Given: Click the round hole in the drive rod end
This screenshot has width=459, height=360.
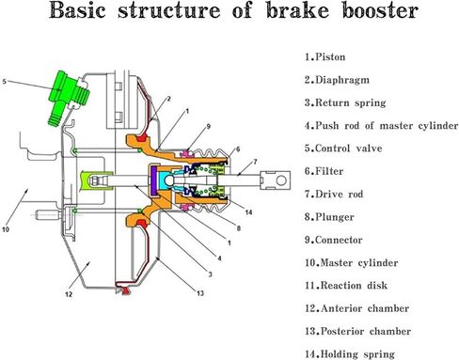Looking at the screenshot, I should (x=279, y=175).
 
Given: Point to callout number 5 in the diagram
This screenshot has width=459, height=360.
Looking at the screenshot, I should (x=6, y=82).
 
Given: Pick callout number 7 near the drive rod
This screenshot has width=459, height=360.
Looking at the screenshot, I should (x=252, y=161).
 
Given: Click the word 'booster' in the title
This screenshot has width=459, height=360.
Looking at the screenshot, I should (x=387, y=14).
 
